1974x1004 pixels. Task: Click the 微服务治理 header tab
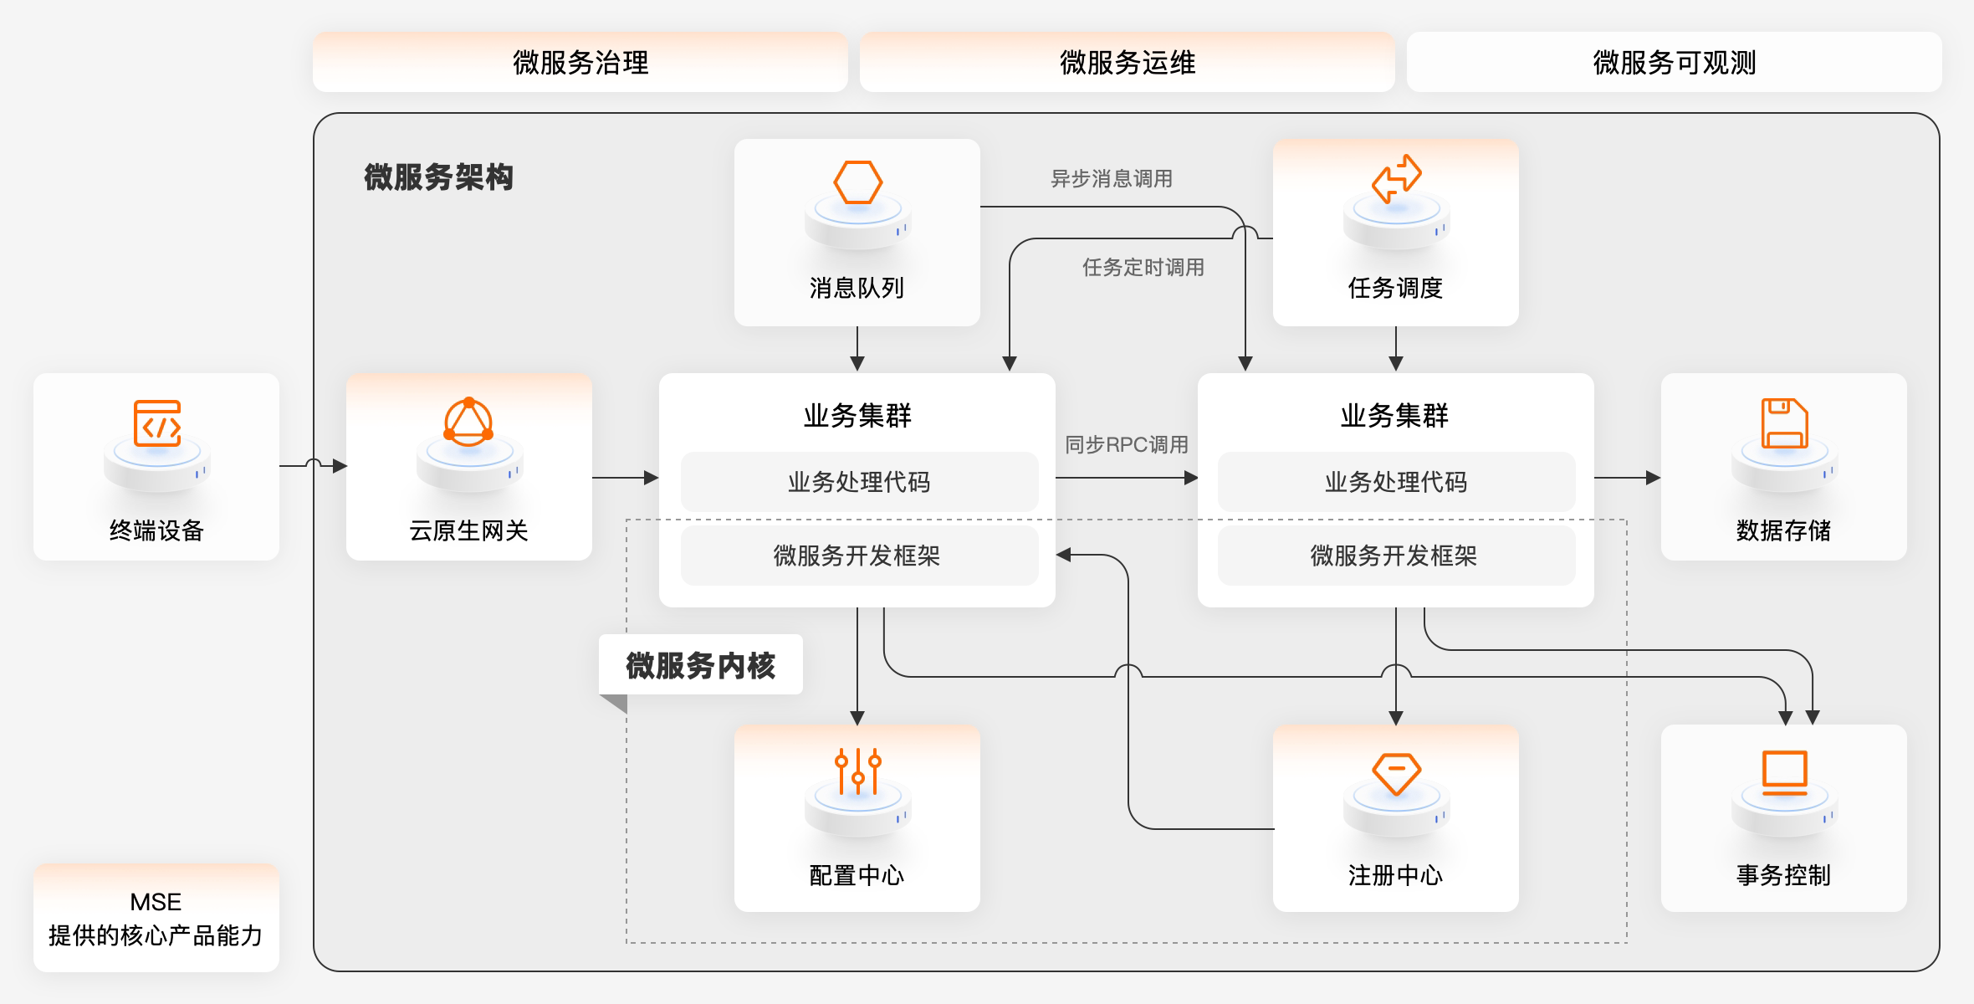coord(580,62)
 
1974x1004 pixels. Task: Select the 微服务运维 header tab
coord(1127,62)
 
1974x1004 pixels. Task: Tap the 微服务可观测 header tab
coord(1674,62)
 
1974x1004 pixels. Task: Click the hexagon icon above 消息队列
coord(857,182)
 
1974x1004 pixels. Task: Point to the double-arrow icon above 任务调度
coord(1396,178)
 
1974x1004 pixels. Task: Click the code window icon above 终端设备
coord(157,423)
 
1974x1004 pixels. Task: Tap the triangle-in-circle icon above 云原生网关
coord(468,421)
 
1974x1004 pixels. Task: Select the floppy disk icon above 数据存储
coord(1784,423)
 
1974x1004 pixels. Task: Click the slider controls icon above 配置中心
coord(857,771)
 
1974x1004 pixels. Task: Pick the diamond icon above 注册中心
coord(1396,774)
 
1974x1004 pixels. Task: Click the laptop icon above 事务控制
coord(1784,772)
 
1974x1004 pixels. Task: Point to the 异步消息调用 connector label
coord(1111,178)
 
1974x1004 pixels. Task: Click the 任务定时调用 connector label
coord(1143,267)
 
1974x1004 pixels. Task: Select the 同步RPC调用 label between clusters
coord(1126,444)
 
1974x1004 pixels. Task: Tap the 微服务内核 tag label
coord(701,665)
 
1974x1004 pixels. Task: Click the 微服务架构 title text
coord(438,177)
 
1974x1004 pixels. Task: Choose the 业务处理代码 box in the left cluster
coord(859,482)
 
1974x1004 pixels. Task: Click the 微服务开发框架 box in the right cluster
coord(1395,556)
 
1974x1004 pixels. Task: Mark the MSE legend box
coord(156,918)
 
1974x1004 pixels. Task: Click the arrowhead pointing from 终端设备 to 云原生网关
coord(340,466)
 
